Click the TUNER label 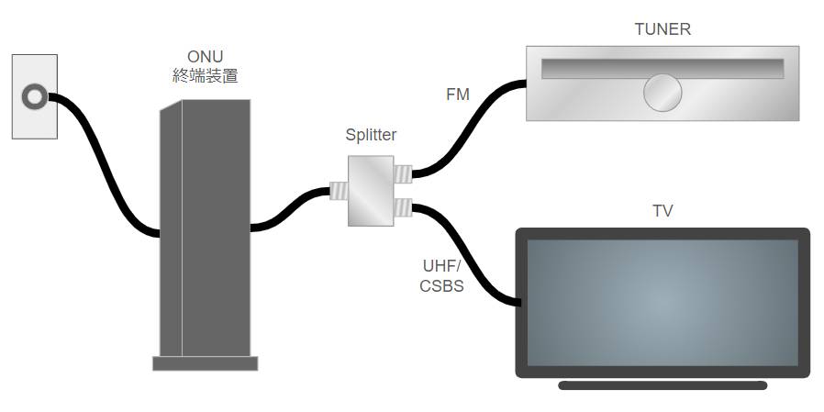662,29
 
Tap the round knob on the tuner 663,92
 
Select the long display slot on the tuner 663,68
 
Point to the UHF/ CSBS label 441,275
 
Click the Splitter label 371,135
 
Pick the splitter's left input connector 340,192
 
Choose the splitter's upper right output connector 402,172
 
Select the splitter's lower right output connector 402,209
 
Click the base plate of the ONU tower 205,363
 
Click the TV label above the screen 662,211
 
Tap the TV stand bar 663,385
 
